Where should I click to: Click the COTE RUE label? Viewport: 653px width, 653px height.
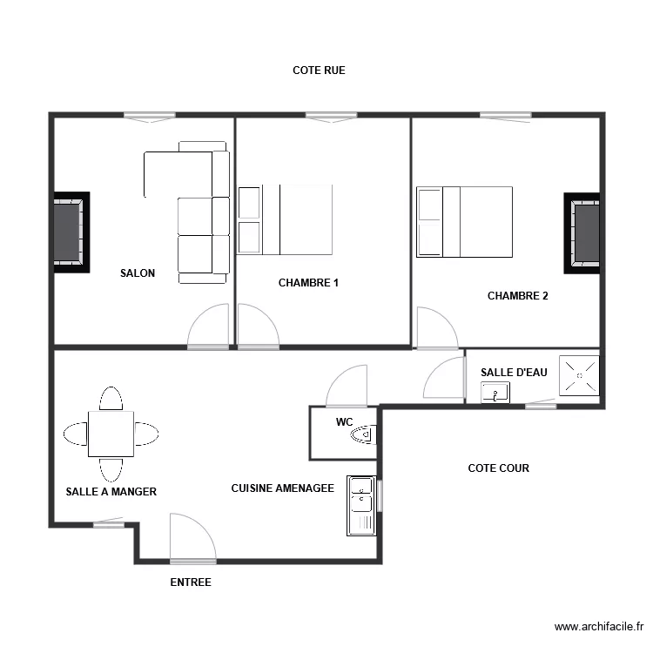(x=319, y=71)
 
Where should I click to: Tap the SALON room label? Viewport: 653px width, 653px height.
(x=138, y=273)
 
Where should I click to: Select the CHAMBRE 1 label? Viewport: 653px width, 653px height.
(x=308, y=283)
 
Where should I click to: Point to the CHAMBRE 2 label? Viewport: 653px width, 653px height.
(x=518, y=296)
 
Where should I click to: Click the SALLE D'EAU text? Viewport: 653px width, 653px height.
(x=514, y=373)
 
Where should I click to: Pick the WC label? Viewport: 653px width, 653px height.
(x=344, y=422)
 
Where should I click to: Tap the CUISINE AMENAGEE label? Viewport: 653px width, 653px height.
(x=282, y=488)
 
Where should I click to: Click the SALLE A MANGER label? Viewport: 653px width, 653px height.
(x=111, y=491)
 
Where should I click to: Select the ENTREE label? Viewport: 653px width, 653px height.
(x=191, y=582)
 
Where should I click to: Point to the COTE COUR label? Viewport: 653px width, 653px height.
(x=499, y=468)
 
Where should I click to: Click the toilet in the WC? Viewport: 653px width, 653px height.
(x=364, y=434)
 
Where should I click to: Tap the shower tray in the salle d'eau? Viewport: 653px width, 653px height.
(x=579, y=375)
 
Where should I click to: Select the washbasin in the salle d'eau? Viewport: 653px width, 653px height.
(x=495, y=393)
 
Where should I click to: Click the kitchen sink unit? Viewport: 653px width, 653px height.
(x=361, y=506)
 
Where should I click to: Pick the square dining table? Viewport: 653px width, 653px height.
(x=111, y=434)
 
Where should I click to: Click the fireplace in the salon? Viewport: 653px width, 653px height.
(x=71, y=232)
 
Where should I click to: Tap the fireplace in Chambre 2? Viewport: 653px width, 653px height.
(x=582, y=233)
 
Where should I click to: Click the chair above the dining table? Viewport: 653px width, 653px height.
(x=111, y=399)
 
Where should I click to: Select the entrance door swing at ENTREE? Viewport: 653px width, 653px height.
(x=192, y=537)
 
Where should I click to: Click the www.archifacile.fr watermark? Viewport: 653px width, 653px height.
(x=599, y=626)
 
